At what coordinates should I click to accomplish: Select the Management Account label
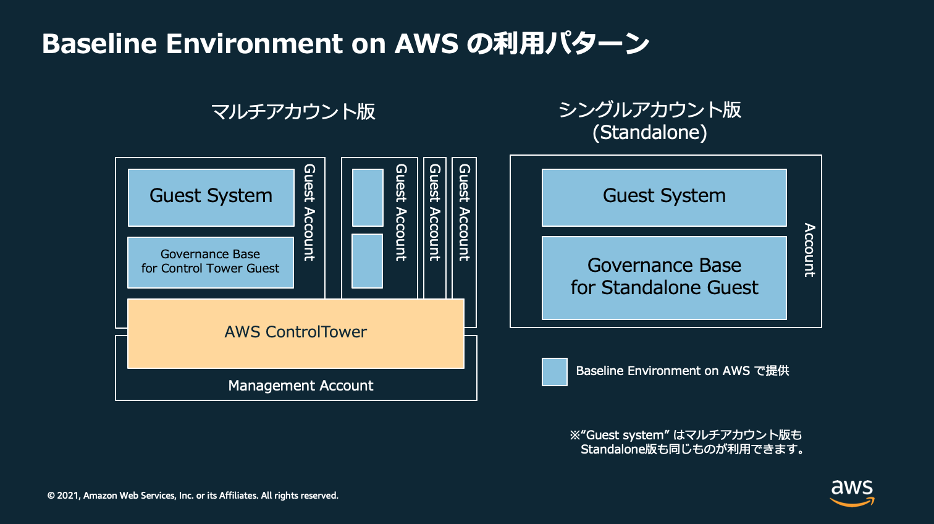point(301,386)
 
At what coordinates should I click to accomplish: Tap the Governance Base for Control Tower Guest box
point(210,262)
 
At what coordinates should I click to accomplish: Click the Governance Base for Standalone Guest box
point(664,277)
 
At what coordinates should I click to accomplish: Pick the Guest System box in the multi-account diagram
point(211,197)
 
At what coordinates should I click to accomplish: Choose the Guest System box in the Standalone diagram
point(664,197)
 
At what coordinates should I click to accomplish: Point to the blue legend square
point(554,372)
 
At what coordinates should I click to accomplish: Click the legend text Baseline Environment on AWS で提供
point(682,371)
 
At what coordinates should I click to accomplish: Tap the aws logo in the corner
point(852,492)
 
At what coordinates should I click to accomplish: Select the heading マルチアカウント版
point(293,112)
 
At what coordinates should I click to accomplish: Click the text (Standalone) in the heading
point(649,132)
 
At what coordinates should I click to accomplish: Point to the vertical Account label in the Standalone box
point(809,250)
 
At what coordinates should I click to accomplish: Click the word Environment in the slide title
point(254,44)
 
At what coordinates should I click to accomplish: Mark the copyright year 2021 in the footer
point(68,496)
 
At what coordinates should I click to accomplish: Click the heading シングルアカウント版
point(649,110)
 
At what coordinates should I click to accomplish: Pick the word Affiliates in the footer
point(238,496)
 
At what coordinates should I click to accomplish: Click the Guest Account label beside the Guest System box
point(309,212)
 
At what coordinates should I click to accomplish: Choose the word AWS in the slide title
point(426,44)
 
